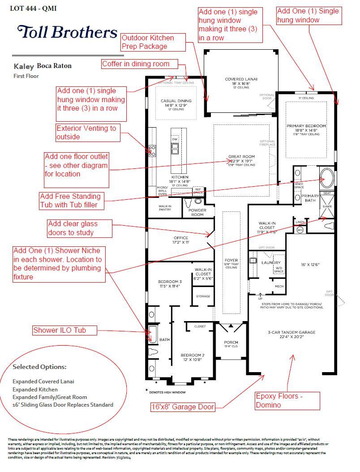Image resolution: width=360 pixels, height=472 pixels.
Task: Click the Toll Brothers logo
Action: click(x=67, y=32)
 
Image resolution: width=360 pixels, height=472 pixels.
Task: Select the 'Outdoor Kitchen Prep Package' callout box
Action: click(x=153, y=42)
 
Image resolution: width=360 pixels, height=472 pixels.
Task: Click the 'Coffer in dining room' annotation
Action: click(x=139, y=64)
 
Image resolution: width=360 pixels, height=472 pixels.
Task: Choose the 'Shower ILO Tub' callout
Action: click(x=65, y=330)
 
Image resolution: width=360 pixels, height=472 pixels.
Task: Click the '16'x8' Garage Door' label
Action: click(x=182, y=407)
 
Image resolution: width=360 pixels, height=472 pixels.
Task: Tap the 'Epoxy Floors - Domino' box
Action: click(x=287, y=400)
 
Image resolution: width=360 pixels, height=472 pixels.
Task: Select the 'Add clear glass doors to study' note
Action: click(x=79, y=228)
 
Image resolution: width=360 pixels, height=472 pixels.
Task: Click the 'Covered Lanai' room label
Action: click(x=241, y=79)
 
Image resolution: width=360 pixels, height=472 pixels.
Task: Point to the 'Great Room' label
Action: click(x=241, y=157)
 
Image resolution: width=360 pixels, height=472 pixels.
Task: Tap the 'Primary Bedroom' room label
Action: click(x=306, y=126)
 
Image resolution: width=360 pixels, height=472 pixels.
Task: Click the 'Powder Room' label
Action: click(x=197, y=212)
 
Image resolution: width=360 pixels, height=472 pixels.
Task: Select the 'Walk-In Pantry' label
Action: click(x=165, y=208)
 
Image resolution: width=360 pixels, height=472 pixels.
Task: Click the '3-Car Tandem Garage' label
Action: click(x=291, y=332)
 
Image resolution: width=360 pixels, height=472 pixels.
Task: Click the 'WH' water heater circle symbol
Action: click(x=300, y=230)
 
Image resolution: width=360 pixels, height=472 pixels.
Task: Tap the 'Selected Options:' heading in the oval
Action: click(x=39, y=367)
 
